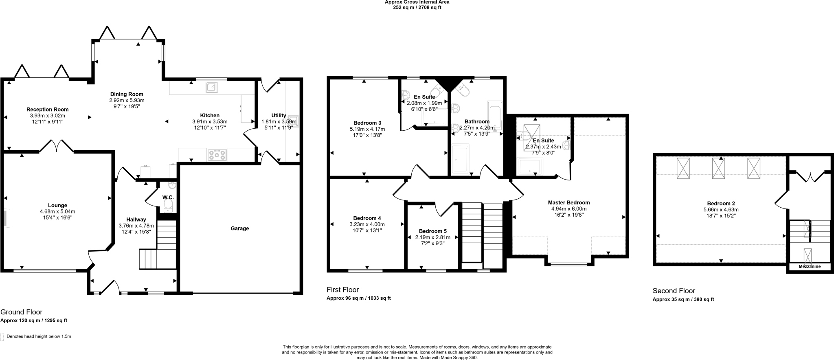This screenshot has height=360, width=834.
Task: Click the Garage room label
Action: point(239,228)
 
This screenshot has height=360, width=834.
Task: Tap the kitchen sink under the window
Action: point(212,87)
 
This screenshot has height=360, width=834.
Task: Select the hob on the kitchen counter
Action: point(217,155)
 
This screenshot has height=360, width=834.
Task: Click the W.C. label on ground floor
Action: point(168,198)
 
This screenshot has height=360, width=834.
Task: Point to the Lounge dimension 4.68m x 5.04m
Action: point(57,211)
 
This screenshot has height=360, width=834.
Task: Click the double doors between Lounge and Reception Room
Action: point(57,146)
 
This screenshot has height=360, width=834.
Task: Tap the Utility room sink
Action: point(294,121)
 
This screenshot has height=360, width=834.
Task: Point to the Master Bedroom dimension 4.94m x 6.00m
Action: point(568,209)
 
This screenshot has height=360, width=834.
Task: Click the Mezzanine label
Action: point(809,267)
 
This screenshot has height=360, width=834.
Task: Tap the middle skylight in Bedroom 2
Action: point(718,168)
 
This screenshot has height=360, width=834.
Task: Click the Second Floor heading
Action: point(674,291)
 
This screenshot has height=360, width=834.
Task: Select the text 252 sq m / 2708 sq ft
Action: point(417,7)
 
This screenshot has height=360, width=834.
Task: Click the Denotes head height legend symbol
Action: point(2,337)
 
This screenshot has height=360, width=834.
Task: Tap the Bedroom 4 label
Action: point(367,218)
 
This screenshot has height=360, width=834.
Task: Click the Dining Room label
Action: point(127,94)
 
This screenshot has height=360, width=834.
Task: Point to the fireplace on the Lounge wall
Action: point(6,218)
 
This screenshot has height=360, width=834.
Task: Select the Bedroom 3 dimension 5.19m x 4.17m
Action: point(367,129)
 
